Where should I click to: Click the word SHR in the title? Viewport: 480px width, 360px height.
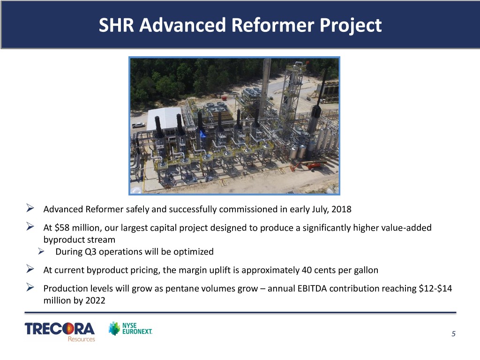[116, 25]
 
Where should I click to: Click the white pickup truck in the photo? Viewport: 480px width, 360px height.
[138, 125]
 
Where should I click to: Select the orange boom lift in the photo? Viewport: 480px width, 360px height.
[307, 165]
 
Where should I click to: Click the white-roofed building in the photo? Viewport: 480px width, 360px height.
[165, 119]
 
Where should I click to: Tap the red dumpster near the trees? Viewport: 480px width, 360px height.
[225, 98]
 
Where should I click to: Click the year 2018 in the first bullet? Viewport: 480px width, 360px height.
[341, 210]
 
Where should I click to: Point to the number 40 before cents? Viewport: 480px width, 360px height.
[307, 270]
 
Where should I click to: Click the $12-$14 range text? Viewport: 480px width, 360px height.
[435, 288]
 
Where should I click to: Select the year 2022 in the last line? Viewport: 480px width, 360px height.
[95, 300]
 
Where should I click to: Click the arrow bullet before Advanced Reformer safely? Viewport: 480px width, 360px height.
[30, 208]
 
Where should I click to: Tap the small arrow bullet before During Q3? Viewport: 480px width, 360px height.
[41, 251]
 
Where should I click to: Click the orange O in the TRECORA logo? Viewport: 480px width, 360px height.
[67, 329]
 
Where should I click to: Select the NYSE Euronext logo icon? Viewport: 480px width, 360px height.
[114, 329]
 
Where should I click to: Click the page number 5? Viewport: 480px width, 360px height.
[453, 334]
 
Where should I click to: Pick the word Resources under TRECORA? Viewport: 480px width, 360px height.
[82, 339]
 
